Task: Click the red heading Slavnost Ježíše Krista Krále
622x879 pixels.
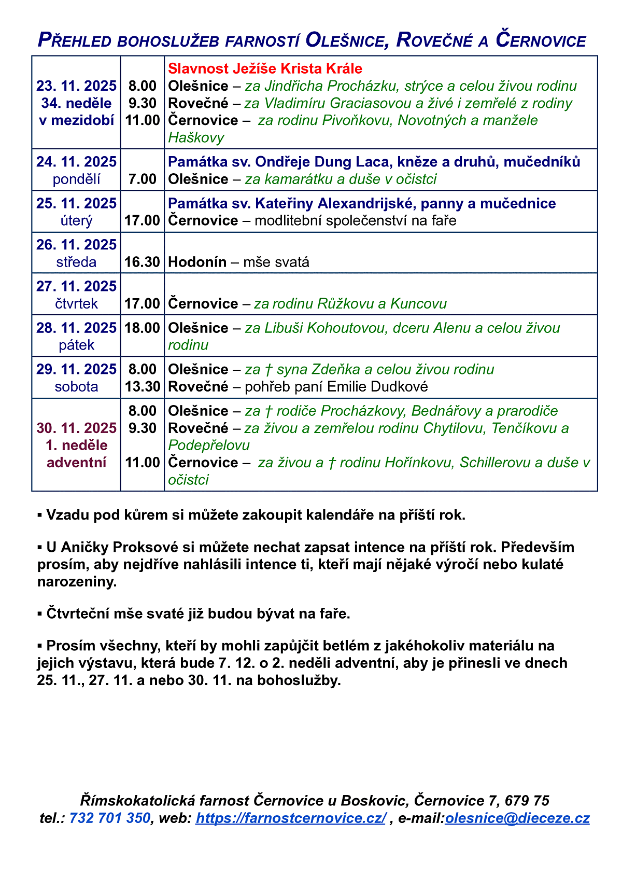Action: coord(265,68)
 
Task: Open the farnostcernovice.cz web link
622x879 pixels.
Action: coord(290,818)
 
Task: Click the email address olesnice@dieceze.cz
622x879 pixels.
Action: coord(517,818)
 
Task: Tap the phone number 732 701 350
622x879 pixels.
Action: coord(109,818)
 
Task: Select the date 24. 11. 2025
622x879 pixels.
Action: coord(76,162)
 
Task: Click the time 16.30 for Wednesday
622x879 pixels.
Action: coord(142,262)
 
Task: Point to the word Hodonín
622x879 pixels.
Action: coord(197,262)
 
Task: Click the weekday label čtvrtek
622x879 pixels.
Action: coord(76,303)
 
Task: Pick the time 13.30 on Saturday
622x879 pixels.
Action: coord(142,386)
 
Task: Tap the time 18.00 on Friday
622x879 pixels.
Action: coord(142,328)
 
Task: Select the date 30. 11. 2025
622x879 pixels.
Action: coord(76,428)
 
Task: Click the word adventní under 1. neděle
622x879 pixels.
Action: coord(76,462)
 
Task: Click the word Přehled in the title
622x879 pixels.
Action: coord(75,40)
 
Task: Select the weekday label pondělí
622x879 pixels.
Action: coord(76,179)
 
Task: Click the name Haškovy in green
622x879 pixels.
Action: coord(196,137)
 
